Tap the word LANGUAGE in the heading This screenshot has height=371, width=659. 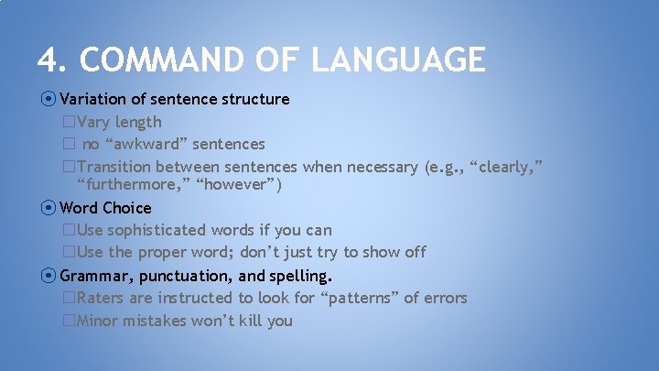point(397,60)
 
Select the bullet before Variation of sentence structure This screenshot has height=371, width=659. point(48,99)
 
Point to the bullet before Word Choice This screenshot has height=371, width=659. point(48,208)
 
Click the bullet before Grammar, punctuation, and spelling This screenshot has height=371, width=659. point(48,276)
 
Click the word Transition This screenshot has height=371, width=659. point(114,167)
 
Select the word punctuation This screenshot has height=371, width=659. point(178,276)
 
